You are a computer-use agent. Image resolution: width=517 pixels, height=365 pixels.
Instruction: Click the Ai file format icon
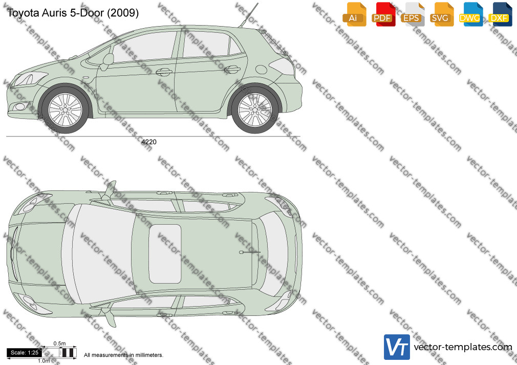click(x=354, y=14)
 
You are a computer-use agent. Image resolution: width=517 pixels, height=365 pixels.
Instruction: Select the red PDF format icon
click(x=383, y=14)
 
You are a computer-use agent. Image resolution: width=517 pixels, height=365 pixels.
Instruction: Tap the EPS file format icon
click(x=413, y=14)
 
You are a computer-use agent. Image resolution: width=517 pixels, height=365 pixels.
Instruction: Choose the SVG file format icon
click(x=441, y=14)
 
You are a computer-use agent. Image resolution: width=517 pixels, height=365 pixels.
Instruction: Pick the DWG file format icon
click(x=471, y=14)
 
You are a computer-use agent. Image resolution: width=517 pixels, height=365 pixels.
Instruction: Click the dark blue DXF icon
click(x=500, y=14)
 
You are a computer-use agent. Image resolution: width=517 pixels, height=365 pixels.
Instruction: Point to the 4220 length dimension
click(x=149, y=142)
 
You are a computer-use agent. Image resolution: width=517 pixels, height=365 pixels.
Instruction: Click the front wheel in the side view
click(x=65, y=110)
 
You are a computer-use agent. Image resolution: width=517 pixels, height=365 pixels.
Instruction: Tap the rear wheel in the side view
click(x=254, y=110)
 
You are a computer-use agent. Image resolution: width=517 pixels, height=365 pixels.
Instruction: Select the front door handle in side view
click(x=164, y=72)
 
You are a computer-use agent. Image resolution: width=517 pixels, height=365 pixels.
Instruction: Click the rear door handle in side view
click(x=232, y=69)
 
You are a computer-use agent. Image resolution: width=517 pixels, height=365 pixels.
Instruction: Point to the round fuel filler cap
click(x=261, y=70)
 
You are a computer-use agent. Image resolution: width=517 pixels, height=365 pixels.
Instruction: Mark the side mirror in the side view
click(x=107, y=61)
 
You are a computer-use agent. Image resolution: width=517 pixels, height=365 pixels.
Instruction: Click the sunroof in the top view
click(x=165, y=254)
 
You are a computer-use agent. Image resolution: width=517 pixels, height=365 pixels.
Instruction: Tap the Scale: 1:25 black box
click(x=25, y=353)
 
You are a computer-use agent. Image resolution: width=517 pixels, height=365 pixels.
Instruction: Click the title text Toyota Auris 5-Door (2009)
click(x=73, y=13)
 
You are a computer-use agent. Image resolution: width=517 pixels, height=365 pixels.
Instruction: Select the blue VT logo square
click(x=397, y=347)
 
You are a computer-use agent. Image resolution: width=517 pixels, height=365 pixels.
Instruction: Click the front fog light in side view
click(x=19, y=106)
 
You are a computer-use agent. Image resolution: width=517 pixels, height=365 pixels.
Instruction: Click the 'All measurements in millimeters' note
click(x=123, y=355)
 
